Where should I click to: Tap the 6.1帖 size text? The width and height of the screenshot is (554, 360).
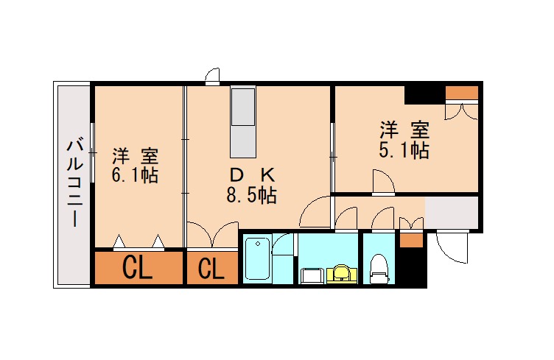point(135,176)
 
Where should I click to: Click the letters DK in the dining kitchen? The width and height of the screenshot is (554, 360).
point(252,175)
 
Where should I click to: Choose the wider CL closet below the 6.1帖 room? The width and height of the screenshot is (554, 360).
point(138,269)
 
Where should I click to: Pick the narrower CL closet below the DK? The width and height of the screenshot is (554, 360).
point(211,269)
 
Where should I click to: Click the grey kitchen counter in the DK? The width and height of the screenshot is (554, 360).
point(242,121)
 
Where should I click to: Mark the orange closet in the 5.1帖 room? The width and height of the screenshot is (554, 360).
point(462,93)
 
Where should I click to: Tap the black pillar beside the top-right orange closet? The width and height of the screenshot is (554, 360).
point(424,95)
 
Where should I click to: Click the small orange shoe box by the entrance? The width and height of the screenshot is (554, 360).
point(412,240)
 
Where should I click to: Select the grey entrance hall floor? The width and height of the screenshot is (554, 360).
point(452,213)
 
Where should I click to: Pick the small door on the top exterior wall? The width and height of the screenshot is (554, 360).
point(213,76)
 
